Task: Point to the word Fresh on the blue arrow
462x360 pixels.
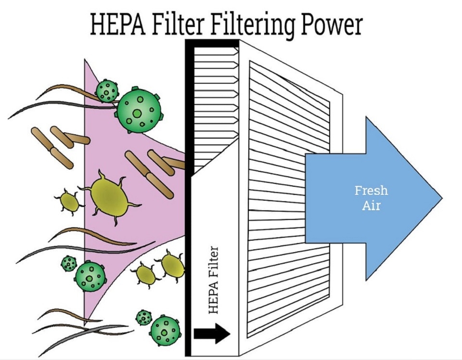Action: [371, 190]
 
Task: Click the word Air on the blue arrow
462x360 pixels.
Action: [371, 206]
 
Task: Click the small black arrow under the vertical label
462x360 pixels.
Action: [212, 332]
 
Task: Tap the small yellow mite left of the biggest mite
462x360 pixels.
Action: [69, 202]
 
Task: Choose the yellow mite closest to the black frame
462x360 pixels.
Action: [171, 266]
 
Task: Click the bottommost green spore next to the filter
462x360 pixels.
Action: [165, 331]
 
